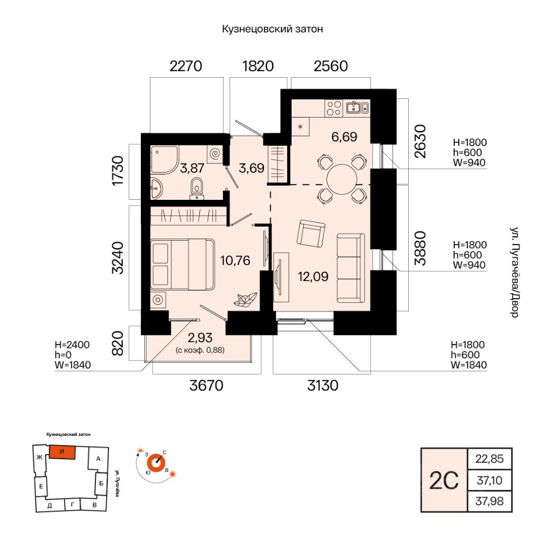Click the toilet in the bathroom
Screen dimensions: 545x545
pos(197,188)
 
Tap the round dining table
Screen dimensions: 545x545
pos(342,180)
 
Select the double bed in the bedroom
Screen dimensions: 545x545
pos(183,264)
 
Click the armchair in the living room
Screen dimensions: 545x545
pos(311,233)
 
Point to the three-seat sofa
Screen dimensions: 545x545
pos(351,268)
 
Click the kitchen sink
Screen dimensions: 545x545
pos(357,107)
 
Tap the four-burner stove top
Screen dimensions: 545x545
pos(334,108)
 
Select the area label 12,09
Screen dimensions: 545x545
pos(313,276)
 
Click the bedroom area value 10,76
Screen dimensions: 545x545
pos(235,261)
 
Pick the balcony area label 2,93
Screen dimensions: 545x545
pos(200,337)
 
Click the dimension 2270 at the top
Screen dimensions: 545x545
pos(186,66)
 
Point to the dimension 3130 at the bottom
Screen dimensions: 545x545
pos(322,385)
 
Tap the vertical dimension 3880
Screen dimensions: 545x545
pos(420,248)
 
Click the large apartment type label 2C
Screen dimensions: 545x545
pos(444,481)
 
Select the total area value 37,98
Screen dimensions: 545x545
pos(489,501)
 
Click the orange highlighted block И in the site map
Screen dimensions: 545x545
pos(62,452)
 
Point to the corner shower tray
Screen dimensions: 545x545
pos(165,160)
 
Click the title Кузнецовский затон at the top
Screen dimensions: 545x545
pos(272,29)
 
